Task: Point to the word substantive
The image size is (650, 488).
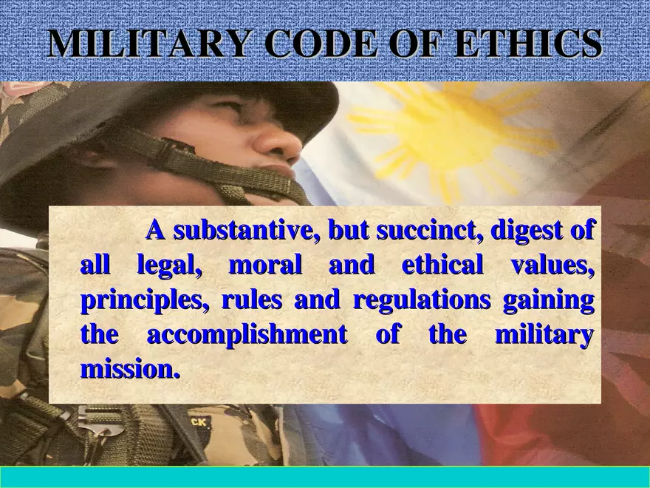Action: coord(244,231)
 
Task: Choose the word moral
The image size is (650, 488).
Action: coord(266,265)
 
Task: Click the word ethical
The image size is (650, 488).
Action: coord(442,265)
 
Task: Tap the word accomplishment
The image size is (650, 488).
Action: coord(247,335)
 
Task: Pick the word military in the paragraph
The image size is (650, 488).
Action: coord(544,335)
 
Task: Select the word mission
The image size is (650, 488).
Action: coord(130,368)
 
